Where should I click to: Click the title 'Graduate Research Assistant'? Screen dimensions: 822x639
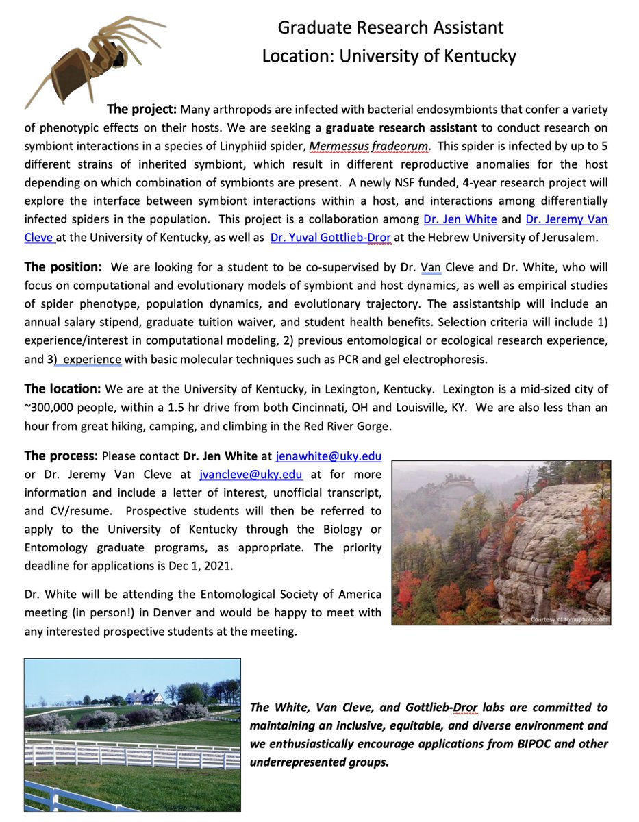(390, 27)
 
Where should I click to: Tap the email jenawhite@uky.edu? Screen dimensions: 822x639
(328, 456)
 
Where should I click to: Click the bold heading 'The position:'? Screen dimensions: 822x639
(63, 266)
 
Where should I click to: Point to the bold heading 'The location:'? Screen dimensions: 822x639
(63, 388)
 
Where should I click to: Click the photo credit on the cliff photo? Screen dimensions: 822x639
(569, 619)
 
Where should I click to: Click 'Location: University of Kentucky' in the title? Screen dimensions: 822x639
(389, 55)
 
